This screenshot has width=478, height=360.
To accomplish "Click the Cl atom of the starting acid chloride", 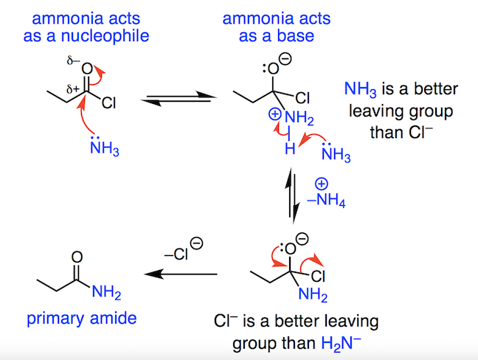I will click(x=108, y=104).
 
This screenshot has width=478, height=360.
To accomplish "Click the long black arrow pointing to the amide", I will click(x=180, y=274).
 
